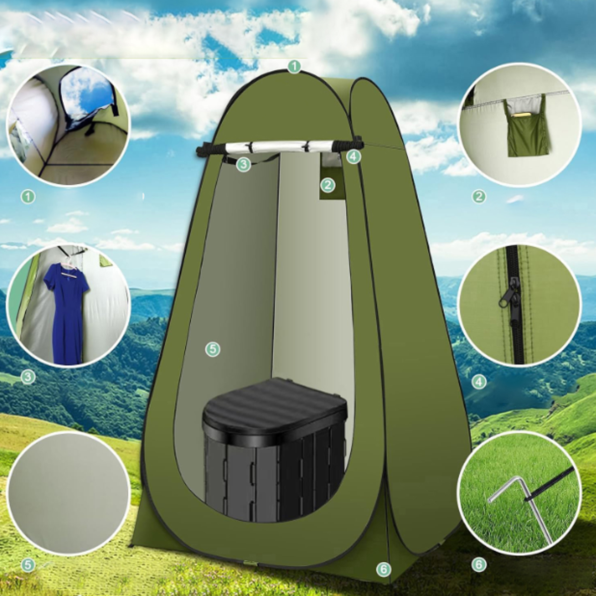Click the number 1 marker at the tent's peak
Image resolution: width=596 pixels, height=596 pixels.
pyautogui.click(x=294, y=67)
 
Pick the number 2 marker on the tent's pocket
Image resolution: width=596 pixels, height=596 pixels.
pyautogui.click(x=327, y=185)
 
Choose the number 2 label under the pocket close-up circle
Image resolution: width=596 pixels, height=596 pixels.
pyautogui.click(x=479, y=196)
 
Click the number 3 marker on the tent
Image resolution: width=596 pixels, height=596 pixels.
pyautogui.click(x=243, y=165)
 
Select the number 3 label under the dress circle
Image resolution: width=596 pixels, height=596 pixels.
pyautogui.click(x=28, y=377)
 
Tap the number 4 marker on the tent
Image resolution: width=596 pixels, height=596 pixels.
pyautogui.click(x=353, y=157)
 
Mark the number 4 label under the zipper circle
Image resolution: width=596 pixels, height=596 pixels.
pyautogui.click(x=479, y=382)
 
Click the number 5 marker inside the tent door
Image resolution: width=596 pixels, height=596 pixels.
pyautogui.click(x=213, y=350)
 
